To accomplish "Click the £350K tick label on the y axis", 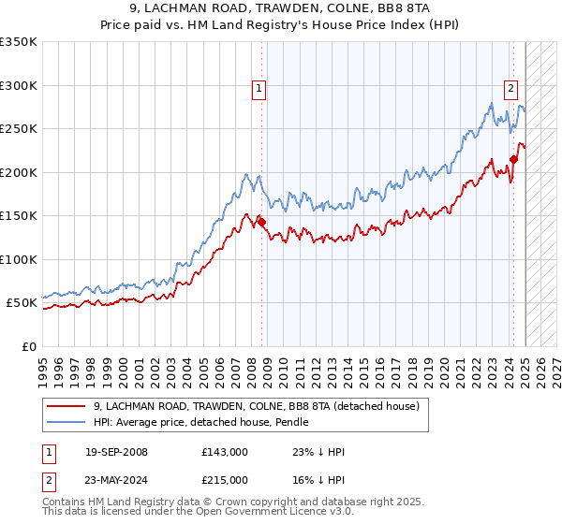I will [18, 42].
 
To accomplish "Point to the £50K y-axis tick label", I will [21, 303].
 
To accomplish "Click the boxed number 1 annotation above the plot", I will [259, 90].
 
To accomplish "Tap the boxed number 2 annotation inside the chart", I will [510, 90].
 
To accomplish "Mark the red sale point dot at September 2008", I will [262, 223].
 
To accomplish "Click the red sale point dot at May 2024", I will [513, 160].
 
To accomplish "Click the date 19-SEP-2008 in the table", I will [116, 452].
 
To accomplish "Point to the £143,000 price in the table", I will [225, 452].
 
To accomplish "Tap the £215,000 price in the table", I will [225, 480].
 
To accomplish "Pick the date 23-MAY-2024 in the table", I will [116, 480].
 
